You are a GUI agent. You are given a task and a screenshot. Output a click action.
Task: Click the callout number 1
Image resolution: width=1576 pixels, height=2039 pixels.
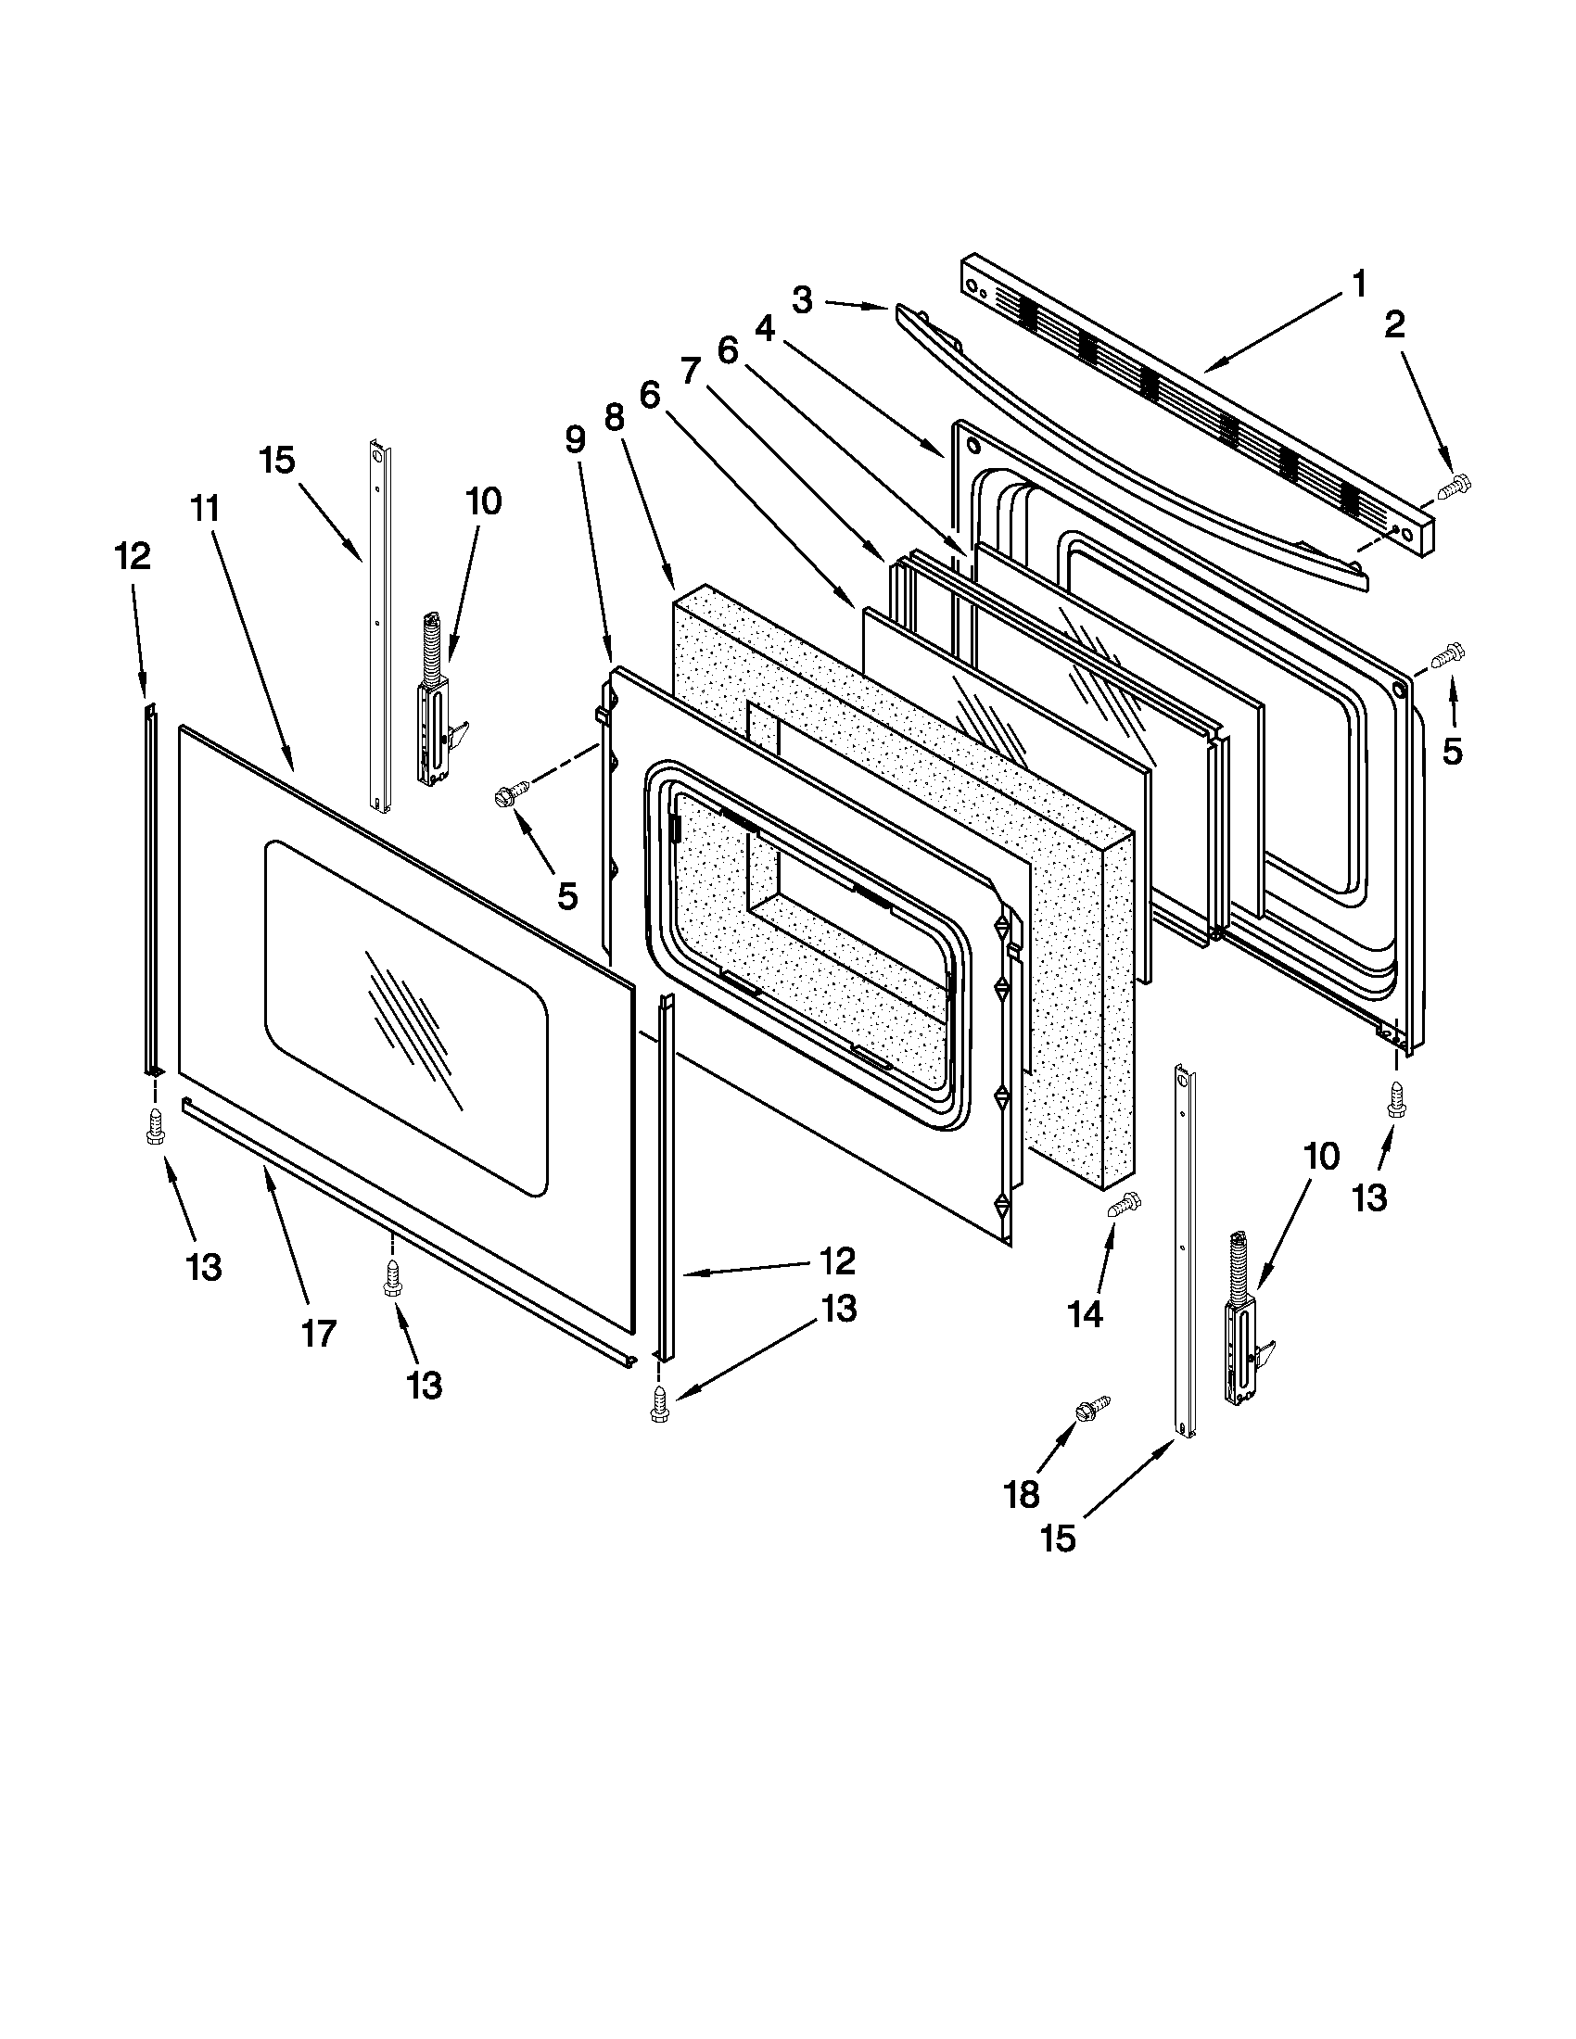coord(1359,284)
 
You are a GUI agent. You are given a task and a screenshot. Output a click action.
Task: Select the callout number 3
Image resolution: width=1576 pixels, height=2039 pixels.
coord(802,300)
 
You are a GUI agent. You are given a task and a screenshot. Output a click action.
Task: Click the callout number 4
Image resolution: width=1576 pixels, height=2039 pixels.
coord(765,331)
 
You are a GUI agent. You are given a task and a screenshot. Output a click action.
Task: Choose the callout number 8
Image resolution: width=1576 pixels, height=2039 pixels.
coord(614,417)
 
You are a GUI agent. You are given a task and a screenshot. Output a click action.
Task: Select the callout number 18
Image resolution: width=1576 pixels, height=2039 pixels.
coord(1022,1495)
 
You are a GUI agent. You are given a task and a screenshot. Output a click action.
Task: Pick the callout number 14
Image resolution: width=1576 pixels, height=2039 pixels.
coord(1086,1314)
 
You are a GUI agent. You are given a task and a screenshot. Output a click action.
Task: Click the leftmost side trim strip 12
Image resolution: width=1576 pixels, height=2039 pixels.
coord(150,892)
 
